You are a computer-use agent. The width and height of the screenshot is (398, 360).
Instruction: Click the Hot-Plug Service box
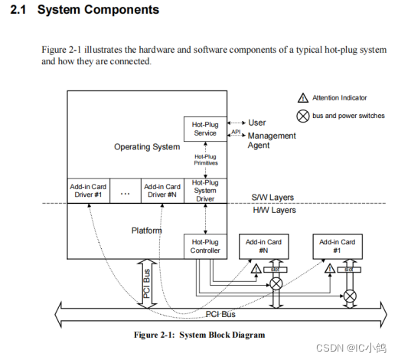pos(204,128)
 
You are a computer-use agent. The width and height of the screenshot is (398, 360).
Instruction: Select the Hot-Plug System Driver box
pos(205,191)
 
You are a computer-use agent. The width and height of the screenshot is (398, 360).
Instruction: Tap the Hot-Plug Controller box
pos(204,246)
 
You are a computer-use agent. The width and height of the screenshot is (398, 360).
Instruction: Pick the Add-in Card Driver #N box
pos(161,190)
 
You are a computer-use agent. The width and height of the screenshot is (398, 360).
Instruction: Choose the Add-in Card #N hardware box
pos(263,246)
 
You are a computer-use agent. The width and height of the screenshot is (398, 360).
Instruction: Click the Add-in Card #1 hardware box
pos(337,246)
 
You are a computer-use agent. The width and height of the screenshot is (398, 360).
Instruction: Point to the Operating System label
pos(147,147)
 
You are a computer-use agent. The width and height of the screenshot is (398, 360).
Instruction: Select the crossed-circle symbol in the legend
pos(302,116)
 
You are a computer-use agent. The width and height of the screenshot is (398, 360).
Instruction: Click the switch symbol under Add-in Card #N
pos(276,284)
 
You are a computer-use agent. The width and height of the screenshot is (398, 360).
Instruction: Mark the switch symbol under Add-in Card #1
pos(350,295)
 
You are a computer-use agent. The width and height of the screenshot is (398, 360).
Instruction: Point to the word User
pos(257,123)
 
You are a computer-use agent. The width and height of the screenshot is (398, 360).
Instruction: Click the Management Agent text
pos(260,140)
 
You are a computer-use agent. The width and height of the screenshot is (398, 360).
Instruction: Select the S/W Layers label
pos(272,198)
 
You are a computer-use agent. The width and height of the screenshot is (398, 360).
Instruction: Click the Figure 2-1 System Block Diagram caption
pos(199,335)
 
